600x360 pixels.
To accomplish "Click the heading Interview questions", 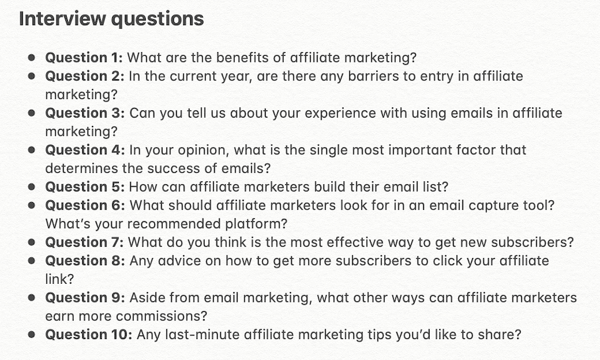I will [x=112, y=19].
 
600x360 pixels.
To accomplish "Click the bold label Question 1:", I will [x=84, y=58].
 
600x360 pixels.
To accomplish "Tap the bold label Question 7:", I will [x=85, y=242].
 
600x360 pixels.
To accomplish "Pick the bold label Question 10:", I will [x=89, y=334].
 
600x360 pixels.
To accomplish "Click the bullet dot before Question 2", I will [x=31, y=76].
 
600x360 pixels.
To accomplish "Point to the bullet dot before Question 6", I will [x=31, y=205].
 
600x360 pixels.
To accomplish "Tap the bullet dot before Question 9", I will [x=31, y=298].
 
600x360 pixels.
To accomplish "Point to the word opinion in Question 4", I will [x=211, y=150].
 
